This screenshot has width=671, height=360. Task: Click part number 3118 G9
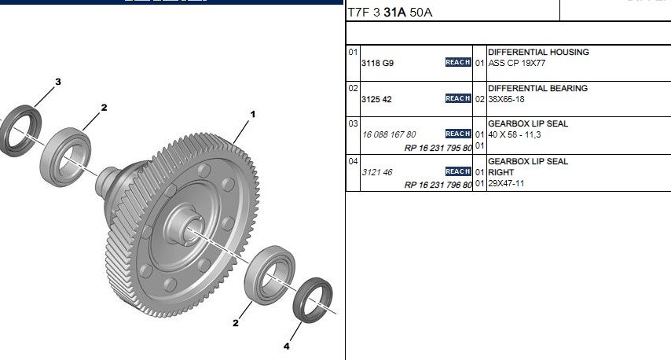point(377,64)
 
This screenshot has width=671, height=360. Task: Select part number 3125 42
point(376,99)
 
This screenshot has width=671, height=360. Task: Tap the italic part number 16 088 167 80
point(389,135)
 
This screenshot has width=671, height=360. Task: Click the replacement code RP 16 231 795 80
point(438,148)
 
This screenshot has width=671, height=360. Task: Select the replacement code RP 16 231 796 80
point(438,185)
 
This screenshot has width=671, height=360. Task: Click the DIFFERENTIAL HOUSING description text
point(538,52)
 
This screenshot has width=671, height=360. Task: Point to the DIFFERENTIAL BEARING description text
point(538,88)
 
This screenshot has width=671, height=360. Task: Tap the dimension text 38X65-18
point(506,99)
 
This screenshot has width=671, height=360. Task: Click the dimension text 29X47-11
point(506,184)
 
